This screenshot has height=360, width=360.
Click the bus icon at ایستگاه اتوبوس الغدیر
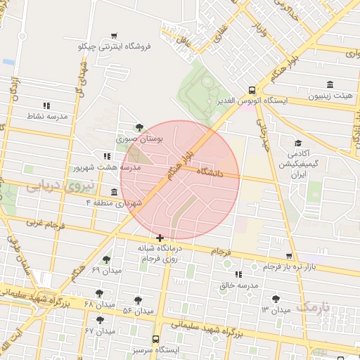[x=252, y=90]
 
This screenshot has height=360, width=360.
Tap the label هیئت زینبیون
[x=333, y=95]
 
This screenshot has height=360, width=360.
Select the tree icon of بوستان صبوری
[x=139, y=127]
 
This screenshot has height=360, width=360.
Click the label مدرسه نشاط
[x=46, y=116]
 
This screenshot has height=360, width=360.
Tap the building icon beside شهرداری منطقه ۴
[x=115, y=192]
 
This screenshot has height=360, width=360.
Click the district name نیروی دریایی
[x=50, y=187]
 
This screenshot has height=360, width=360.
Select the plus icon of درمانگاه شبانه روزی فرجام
[x=161, y=238]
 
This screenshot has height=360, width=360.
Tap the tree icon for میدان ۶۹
[x=107, y=259]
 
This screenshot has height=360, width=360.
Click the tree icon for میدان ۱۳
[x=276, y=299]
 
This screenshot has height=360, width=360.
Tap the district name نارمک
[x=312, y=307]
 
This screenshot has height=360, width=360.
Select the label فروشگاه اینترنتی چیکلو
[x=113, y=46]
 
